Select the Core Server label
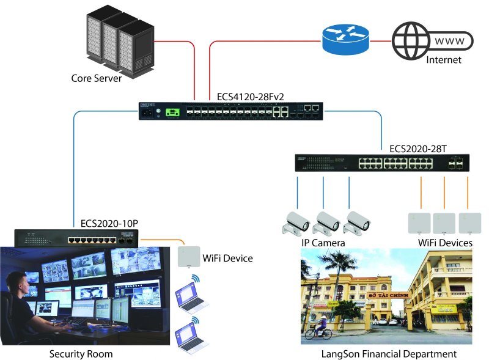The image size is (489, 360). point(97,78)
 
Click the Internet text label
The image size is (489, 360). point(444,60)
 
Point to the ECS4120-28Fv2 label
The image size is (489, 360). point(251,97)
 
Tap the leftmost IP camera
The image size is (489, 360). point(296,223)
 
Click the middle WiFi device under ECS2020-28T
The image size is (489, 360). point(444,223)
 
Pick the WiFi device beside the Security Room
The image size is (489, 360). point(189,257)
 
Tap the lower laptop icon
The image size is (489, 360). point(191,333)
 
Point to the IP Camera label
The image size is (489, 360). point(323,243)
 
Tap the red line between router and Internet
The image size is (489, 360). point(380,42)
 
